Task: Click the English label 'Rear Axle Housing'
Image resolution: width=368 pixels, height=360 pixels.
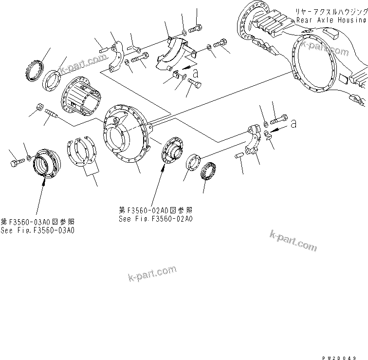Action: point(331,20)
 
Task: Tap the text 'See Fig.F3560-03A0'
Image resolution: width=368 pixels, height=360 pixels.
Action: point(37,230)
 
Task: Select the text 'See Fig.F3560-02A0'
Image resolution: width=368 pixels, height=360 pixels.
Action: point(156,219)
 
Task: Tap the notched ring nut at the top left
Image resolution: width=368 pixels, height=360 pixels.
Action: point(34,69)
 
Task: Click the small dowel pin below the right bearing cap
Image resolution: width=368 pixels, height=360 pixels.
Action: point(238,156)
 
